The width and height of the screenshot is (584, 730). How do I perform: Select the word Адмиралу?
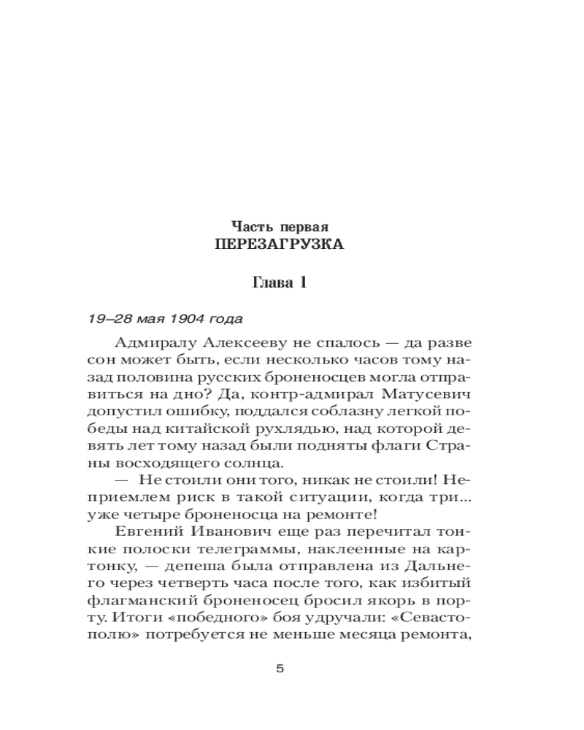pos(150,343)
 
